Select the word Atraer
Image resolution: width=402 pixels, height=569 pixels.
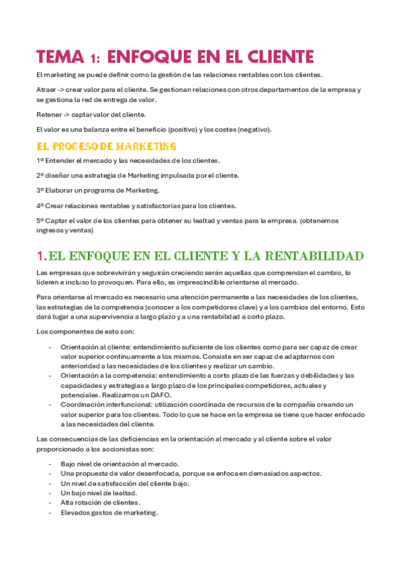click(x=46, y=89)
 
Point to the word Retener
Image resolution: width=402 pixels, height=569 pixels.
click(x=48, y=114)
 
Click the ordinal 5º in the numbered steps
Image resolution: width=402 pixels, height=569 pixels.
click(x=40, y=221)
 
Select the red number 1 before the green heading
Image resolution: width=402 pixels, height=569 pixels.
click(x=40, y=256)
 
